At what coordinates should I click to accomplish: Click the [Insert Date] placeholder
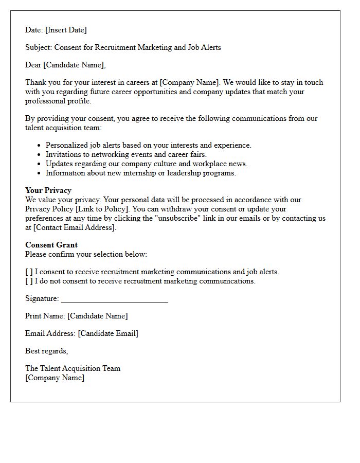pos(66,30)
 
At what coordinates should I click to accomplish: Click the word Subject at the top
pos(38,47)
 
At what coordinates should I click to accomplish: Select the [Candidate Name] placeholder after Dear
pos(76,65)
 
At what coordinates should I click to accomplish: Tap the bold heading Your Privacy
pos(48,190)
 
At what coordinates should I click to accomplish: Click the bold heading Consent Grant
pos(51,245)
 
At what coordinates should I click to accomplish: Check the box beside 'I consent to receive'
pos(29,272)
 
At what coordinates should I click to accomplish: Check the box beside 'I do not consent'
pos(29,281)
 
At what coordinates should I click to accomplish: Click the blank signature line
pos(114,299)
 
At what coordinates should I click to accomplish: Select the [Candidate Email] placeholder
pos(108,333)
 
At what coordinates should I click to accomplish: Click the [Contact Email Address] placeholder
pos(75,227)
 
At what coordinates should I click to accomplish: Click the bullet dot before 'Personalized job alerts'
pos(39,146)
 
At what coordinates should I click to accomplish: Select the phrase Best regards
pos(46,351)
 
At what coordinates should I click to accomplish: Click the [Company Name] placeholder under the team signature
pos(55,378)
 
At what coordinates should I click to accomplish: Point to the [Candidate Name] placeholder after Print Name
pos(97,316)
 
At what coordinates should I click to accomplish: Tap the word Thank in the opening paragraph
pos(35,82)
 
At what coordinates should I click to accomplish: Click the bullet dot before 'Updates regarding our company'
pos(39,164)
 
